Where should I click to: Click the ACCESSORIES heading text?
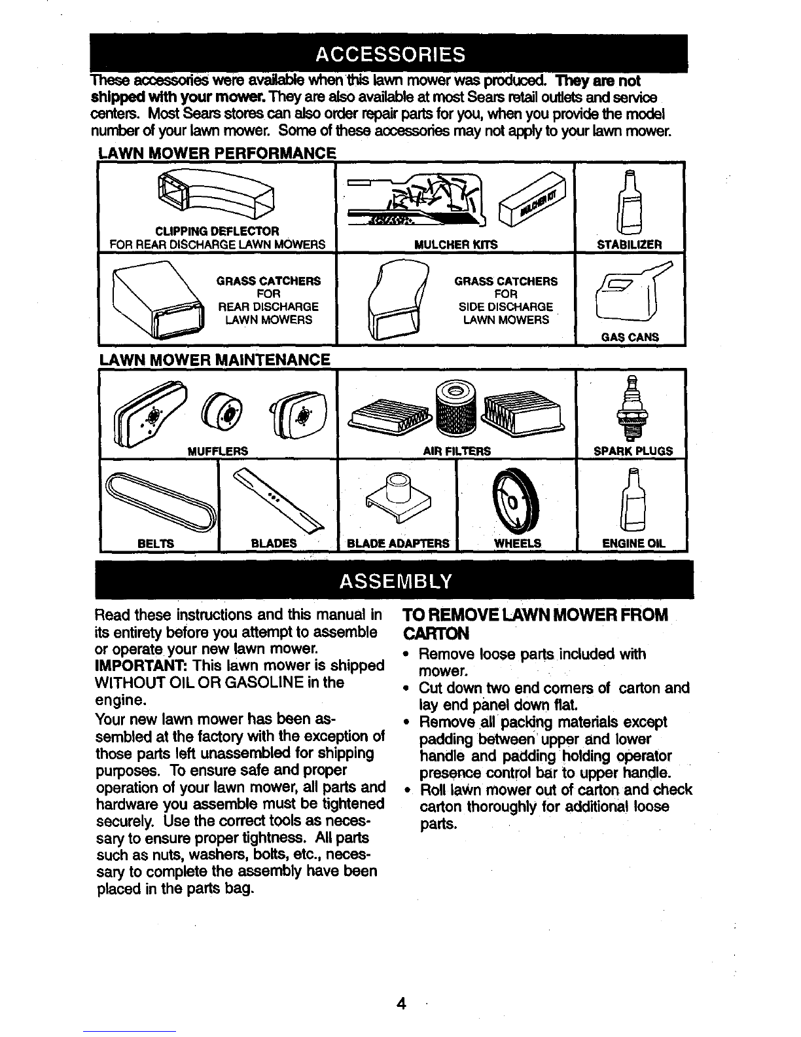pyautogui.click(x=390, y=54)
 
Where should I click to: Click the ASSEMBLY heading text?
pyautogui.click(x=395, y=581)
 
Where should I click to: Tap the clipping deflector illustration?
pyautogui.click(x=216, y=193)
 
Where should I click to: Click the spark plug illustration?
pyautogui.click(x=632, y=408)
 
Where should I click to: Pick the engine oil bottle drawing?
pyautogui.click(x=633, y=500)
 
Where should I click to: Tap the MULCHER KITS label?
pyautogui.click(x=455, y=245)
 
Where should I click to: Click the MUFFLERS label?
pyautogui.click(x=217, y=451)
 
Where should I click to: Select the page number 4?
pyautogui.click(x=401, y=1004)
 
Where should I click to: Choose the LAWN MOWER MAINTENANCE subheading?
pyautogui.click(x=214, y=359)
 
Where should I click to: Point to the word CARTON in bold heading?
pyautogui.click(x=436, y=634)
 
